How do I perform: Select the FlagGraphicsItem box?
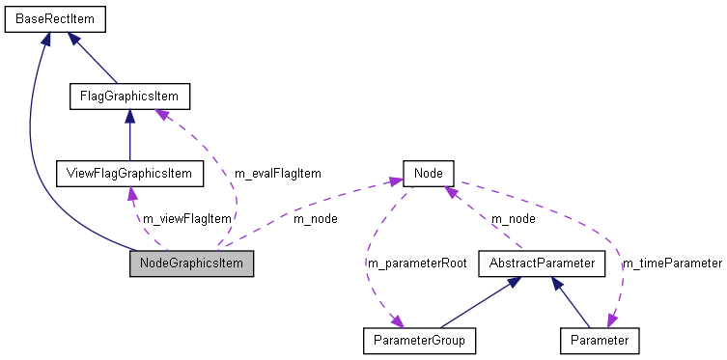pyautogui.click(x=129, y=97)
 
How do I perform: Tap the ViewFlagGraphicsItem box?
pyautogui.click(x=129, y=174)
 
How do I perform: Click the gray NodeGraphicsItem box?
pyautogui.click(x=191, y=263)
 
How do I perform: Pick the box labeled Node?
pyautogui.click(x=428, y=174)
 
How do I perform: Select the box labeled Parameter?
pyautogui.click(x=599, y=341)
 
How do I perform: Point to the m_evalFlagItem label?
pyautogui.click(x=277, y=174)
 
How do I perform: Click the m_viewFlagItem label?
pyautogui.click(x=187, y=218)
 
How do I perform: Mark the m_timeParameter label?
pyautogui.click(x=672, y=263)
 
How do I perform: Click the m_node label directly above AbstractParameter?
pyautogui.click(x=514, y=218)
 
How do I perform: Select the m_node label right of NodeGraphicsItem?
pyautogui.click(x=315, y=218)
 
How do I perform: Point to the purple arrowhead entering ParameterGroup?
pyautogui.click(x=396, y=322)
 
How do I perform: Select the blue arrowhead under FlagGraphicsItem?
pyautogui.click(x=129, y=117)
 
